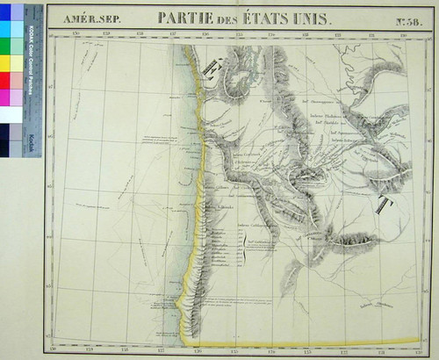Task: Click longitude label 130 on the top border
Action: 205,34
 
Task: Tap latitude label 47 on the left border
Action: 53,89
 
